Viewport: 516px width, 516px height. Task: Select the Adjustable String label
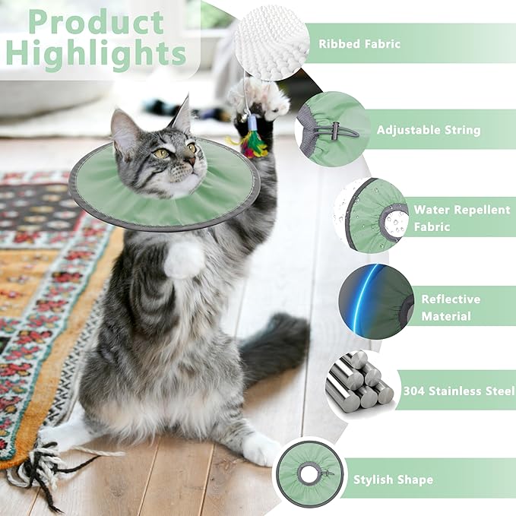[x=429, y=130]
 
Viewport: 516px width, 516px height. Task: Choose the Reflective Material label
[x=451, y=308]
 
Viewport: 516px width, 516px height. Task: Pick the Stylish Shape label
[x=393, y=480]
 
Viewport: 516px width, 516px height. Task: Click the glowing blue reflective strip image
[x=375, y=302]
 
